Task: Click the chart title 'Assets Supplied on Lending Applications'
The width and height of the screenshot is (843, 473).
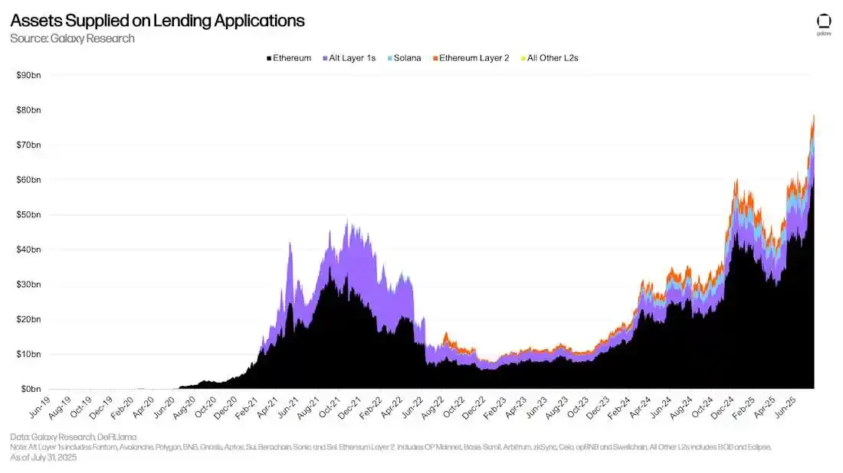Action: pyautogui.click(x=157, y=21)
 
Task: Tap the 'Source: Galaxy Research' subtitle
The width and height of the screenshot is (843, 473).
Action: pyautogui.click(x=72, y=38)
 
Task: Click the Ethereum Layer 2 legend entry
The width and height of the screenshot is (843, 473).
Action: pyautogui.click(x=470, y=58)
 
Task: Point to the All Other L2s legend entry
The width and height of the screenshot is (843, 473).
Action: pyautogui.click(x=549, y=58)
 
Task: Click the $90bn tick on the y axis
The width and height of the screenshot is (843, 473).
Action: pyautogui.click(x=29, y=75)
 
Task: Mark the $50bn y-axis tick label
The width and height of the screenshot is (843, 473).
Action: pyautogui.click(x=29, y=214)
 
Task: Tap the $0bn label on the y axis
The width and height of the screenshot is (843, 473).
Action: pyautogui.click(x=31, y=389)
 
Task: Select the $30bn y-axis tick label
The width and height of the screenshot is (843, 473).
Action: pyautogui.click(x=29, y=284)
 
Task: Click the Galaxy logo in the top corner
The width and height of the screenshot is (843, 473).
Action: pyautogui.click(x=824, y=24)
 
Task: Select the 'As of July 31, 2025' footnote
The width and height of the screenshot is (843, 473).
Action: pyautogui.click(x=43, y=458)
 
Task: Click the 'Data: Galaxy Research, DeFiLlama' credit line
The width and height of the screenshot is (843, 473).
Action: pyautogui.click(x=74, y=436)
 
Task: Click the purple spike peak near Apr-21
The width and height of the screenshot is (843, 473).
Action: pyautogui.click(x=290, y=243)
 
